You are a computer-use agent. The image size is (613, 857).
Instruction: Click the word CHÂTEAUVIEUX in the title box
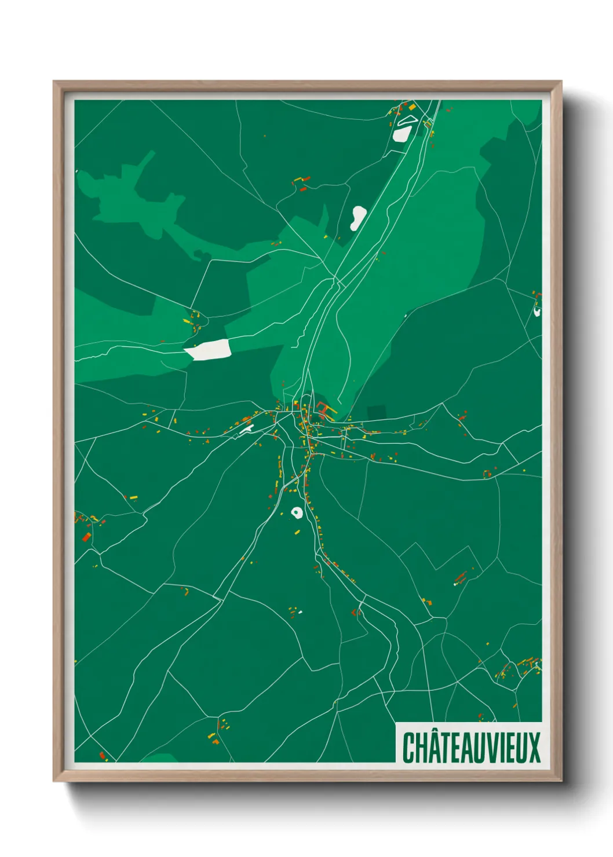[x=471, y=748]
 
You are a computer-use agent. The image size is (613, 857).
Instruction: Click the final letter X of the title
[x=534, y=748]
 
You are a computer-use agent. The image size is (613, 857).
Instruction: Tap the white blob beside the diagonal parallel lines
[x=357, y=218]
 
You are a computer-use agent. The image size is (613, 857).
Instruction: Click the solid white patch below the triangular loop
[x=401, y=134]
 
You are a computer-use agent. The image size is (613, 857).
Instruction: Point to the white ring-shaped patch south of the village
[x=297, y=512]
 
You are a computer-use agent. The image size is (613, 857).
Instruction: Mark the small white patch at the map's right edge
[x=537, y=312]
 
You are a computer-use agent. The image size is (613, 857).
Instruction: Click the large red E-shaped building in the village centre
[x=322, y=412]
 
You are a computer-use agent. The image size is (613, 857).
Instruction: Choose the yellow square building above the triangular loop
[x=412, y=107]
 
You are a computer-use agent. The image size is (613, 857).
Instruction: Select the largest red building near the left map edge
[x=87, y=537]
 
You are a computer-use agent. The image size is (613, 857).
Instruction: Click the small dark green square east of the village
[x=376, y=413]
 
